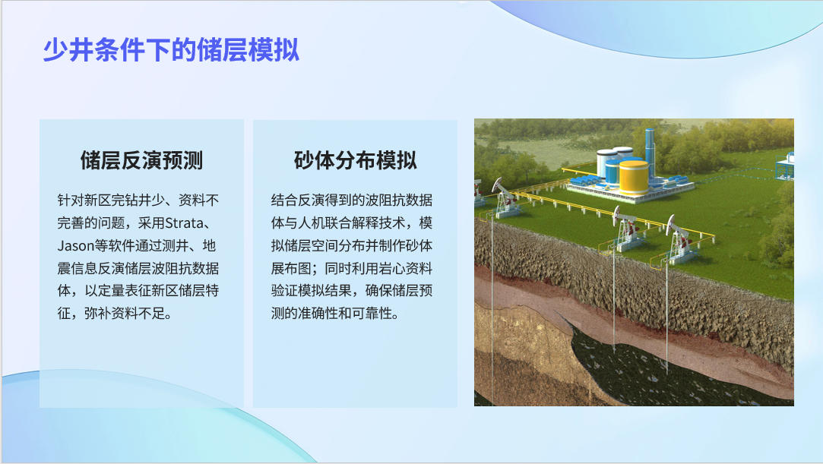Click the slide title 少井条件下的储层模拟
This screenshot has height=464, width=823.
point(171,50)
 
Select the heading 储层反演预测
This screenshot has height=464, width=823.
point(141,160)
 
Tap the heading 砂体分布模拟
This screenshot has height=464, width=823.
point(356,160)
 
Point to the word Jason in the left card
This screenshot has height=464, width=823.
point(75,246)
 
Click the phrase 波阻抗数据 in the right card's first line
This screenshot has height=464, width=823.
point(399,200)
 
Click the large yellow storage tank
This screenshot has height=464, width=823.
point(634,177)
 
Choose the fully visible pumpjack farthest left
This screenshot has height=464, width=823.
point(505,197)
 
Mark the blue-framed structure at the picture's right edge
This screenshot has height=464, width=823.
point(785,166)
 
